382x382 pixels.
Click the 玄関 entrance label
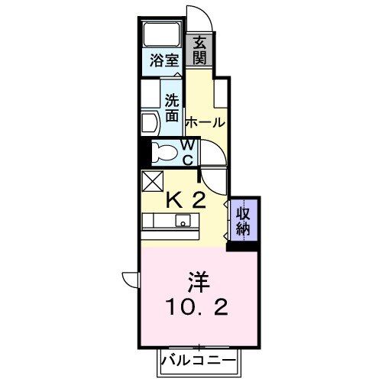[199, 50]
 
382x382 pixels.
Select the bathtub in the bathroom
[161, 36]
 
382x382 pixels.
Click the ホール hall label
[205, 122]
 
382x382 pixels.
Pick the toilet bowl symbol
[163, 151]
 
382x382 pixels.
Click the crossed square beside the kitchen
[151, 182]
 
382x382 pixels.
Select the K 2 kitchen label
[186, 201]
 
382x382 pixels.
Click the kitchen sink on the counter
[183, 222]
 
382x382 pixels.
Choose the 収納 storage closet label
[244, 219]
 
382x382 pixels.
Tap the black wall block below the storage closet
[244, 245]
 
